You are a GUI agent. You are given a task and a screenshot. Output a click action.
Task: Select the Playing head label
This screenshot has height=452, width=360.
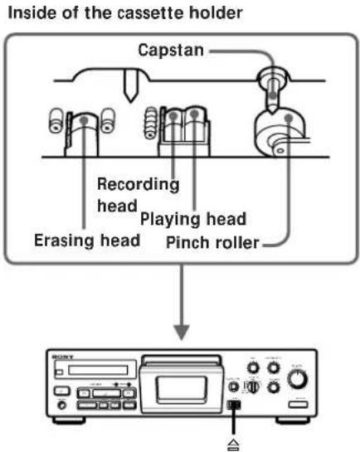192,219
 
